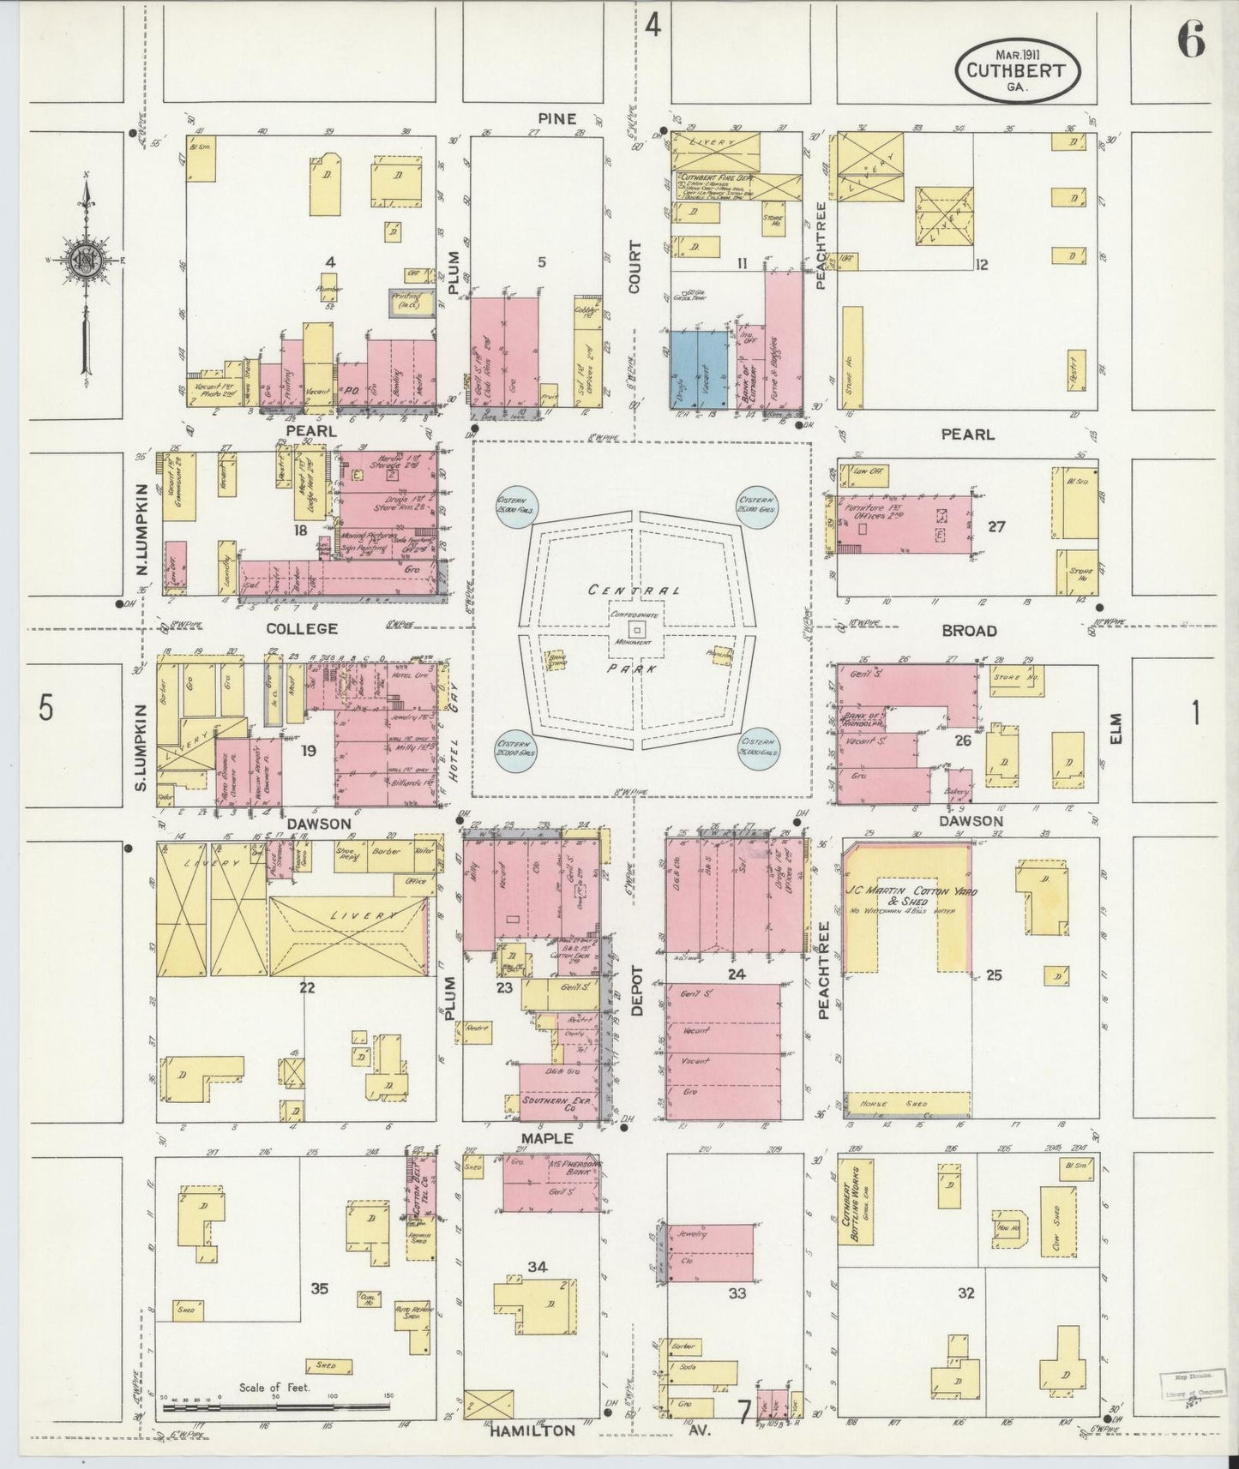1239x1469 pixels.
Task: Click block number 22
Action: [306, 987]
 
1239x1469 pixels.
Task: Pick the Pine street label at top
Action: [556, 118]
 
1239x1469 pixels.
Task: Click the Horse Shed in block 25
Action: [907, 1104]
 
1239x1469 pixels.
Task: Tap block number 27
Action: [995, 526]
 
